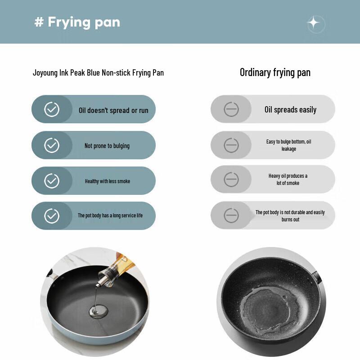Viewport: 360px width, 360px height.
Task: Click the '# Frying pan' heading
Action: tap(77, 22)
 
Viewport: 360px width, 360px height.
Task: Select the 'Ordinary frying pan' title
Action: tap(275, 72)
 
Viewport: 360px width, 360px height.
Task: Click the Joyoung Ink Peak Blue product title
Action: tap(98, 72)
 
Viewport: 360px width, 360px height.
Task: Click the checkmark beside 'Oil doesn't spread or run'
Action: tap(52, 109)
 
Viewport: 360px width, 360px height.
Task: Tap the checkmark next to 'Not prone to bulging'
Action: tap(52, 145)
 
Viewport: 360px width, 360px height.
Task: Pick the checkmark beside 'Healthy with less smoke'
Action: tap(52, 181)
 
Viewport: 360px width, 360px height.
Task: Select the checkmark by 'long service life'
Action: tap(52, 216)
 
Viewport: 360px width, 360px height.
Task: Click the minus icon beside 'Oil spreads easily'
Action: tap(231, 109)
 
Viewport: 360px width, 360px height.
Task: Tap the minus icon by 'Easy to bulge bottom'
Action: tap(231, 145)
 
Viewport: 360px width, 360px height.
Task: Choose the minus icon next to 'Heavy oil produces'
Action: tap(231, 180)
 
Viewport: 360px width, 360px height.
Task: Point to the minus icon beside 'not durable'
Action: tap(231, 216)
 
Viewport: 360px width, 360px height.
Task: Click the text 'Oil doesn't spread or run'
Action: tap(113, 110)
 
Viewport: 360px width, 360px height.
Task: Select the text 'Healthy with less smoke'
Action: tap(108, 181)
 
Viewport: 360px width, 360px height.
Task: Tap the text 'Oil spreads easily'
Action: tap(290, 110)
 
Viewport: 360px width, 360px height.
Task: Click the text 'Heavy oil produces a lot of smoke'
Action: tap(288, 180)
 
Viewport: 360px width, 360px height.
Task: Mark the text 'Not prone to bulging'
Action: tap(107, 146)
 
